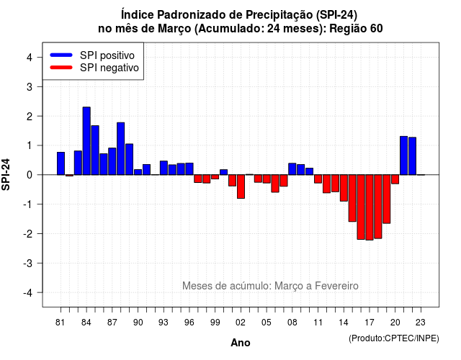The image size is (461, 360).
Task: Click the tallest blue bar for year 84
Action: [x=86, y=141]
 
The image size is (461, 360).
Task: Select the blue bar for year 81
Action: [x=61, y=163]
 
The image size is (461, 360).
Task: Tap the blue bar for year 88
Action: [x=121, y=149]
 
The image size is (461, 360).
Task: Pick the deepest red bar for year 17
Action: [x=370, y=207]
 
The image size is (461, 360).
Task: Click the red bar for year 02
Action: [x=241, y=186]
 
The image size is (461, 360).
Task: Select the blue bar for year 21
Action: [x=404, y=156]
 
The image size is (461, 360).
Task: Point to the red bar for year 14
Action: [x=344, y=188]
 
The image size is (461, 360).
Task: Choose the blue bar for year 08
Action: [x=292, y=169]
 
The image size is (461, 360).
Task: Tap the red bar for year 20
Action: [x=395, y=179]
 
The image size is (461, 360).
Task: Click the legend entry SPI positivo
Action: [x=107, y=55]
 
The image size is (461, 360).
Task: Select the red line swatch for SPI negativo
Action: [x=61, y=68]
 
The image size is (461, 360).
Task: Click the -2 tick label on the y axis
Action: [x=28, y=233]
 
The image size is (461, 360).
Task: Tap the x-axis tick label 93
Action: [x=164, y=323]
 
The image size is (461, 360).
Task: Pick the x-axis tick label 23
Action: [x=421, y=323]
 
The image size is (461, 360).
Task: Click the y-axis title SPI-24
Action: [x=6, y=174]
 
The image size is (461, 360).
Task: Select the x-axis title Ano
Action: [x=241, y=343]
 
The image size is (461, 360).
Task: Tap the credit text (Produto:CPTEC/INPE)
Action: [x=394, y=338]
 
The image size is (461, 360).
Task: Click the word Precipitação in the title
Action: [x=279, y=14]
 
